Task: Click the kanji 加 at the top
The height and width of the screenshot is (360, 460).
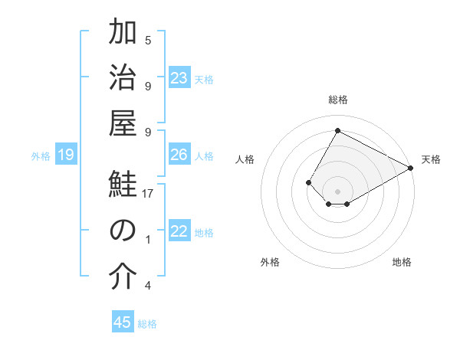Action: click(x=123, y=33)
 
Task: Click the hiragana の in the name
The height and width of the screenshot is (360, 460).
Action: click(x=123, y=231)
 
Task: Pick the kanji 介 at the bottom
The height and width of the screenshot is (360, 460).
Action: click(x=123, y=277)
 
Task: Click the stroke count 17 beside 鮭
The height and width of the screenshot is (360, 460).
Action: click(x=148, y=194)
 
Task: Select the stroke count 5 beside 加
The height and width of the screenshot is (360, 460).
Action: click(x=148, y=40)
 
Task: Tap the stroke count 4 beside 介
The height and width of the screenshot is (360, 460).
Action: click(x=148, y=286)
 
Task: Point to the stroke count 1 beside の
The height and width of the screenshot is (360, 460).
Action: click(x=148, y=240)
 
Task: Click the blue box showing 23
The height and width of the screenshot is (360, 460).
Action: click(x=179, y=77)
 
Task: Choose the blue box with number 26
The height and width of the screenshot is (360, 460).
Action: click(x=179, y=155)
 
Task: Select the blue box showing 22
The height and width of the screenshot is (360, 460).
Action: click(x=179, y=231)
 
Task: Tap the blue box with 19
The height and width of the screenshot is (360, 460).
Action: click(x=65, y=155)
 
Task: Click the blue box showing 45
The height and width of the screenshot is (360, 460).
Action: click(x=123, y=322)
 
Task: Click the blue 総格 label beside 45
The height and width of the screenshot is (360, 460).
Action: click(x=147, y=324)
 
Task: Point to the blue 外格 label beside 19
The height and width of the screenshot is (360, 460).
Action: click(x=41, y=156)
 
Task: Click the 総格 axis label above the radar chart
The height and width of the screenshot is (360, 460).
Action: click(x=337, y=100)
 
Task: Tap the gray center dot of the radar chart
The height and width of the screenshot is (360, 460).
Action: click(x=337, y=190)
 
